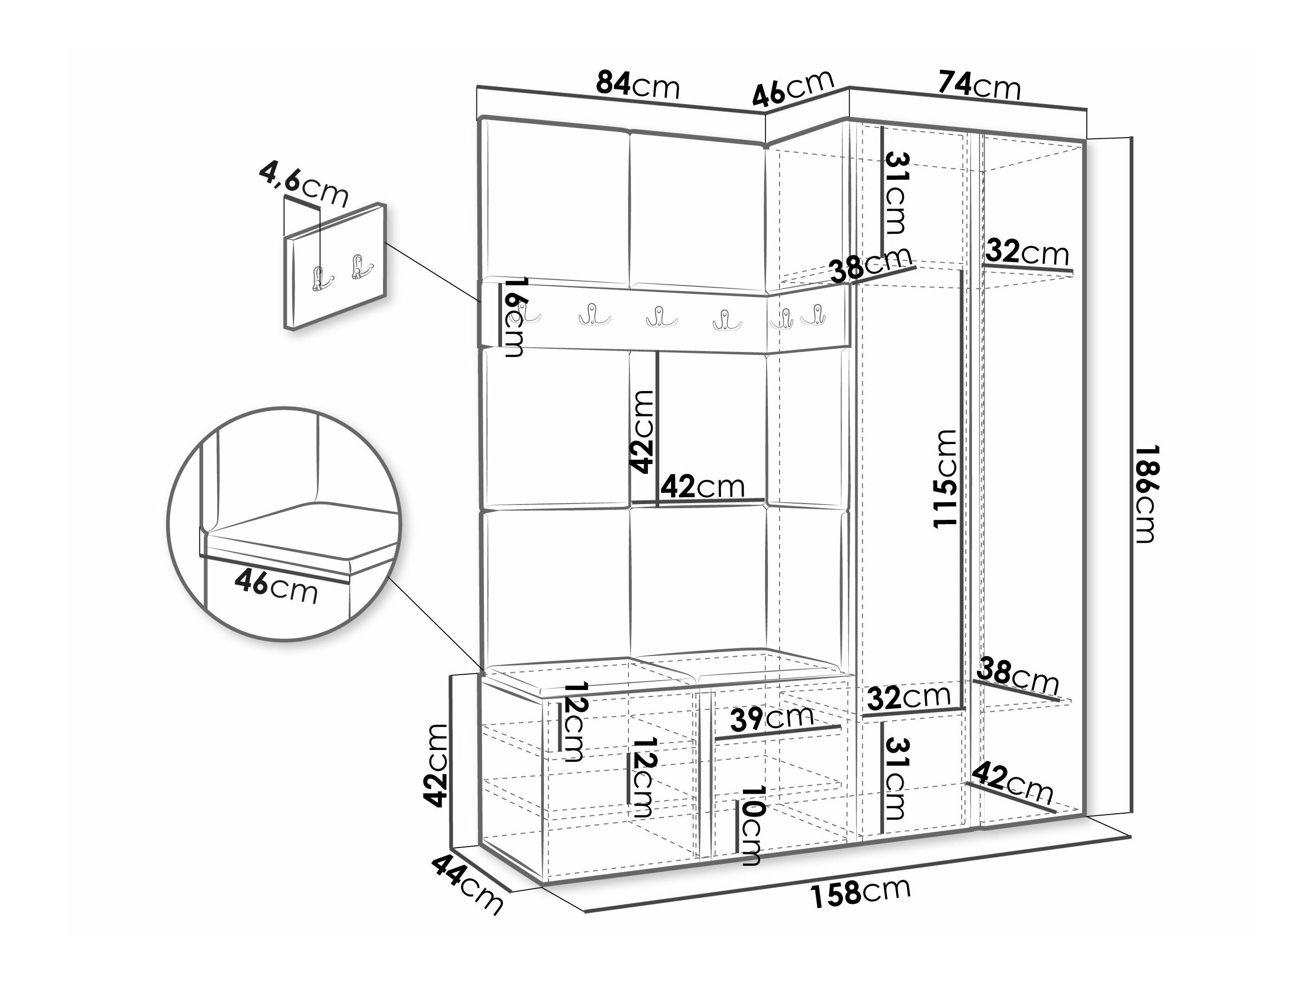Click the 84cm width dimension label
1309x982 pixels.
(x=637, y=85)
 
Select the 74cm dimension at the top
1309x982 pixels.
(x=979, y=86)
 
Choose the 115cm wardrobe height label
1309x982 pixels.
(x=945, y=478)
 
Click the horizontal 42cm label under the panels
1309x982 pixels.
(x=702, y=486)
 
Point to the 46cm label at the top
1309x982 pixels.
(x=793, y=89)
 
